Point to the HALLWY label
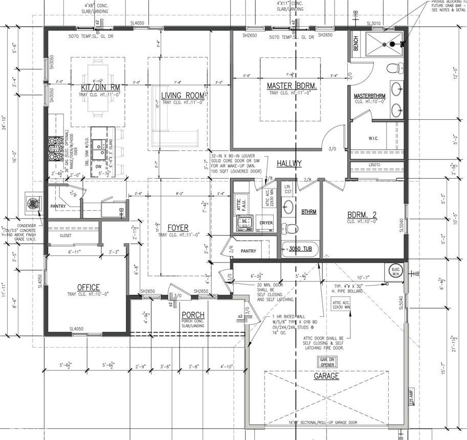click(289, 164)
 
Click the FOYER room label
click(177, 228)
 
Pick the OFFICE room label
click(88, 287)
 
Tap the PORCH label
click(192, 315)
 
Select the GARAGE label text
click(326, 376)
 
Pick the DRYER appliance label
click(266, 223)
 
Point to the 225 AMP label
click(411, 397)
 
